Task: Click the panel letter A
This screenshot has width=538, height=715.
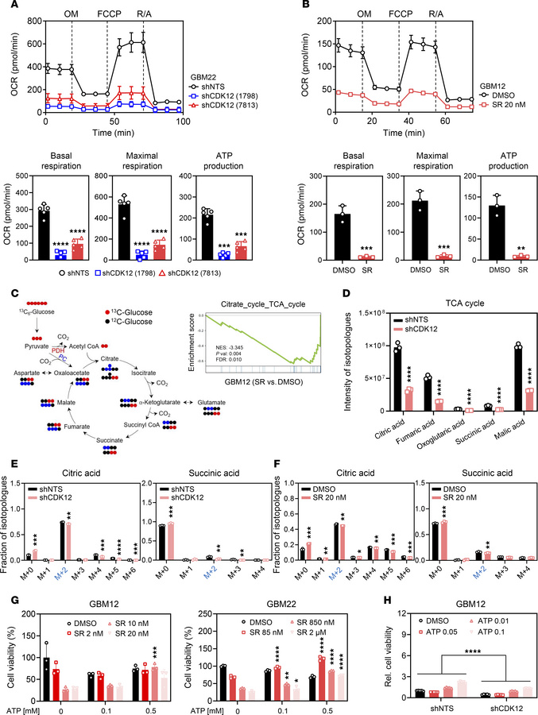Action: pyautogui.click(x=8, y=7)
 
